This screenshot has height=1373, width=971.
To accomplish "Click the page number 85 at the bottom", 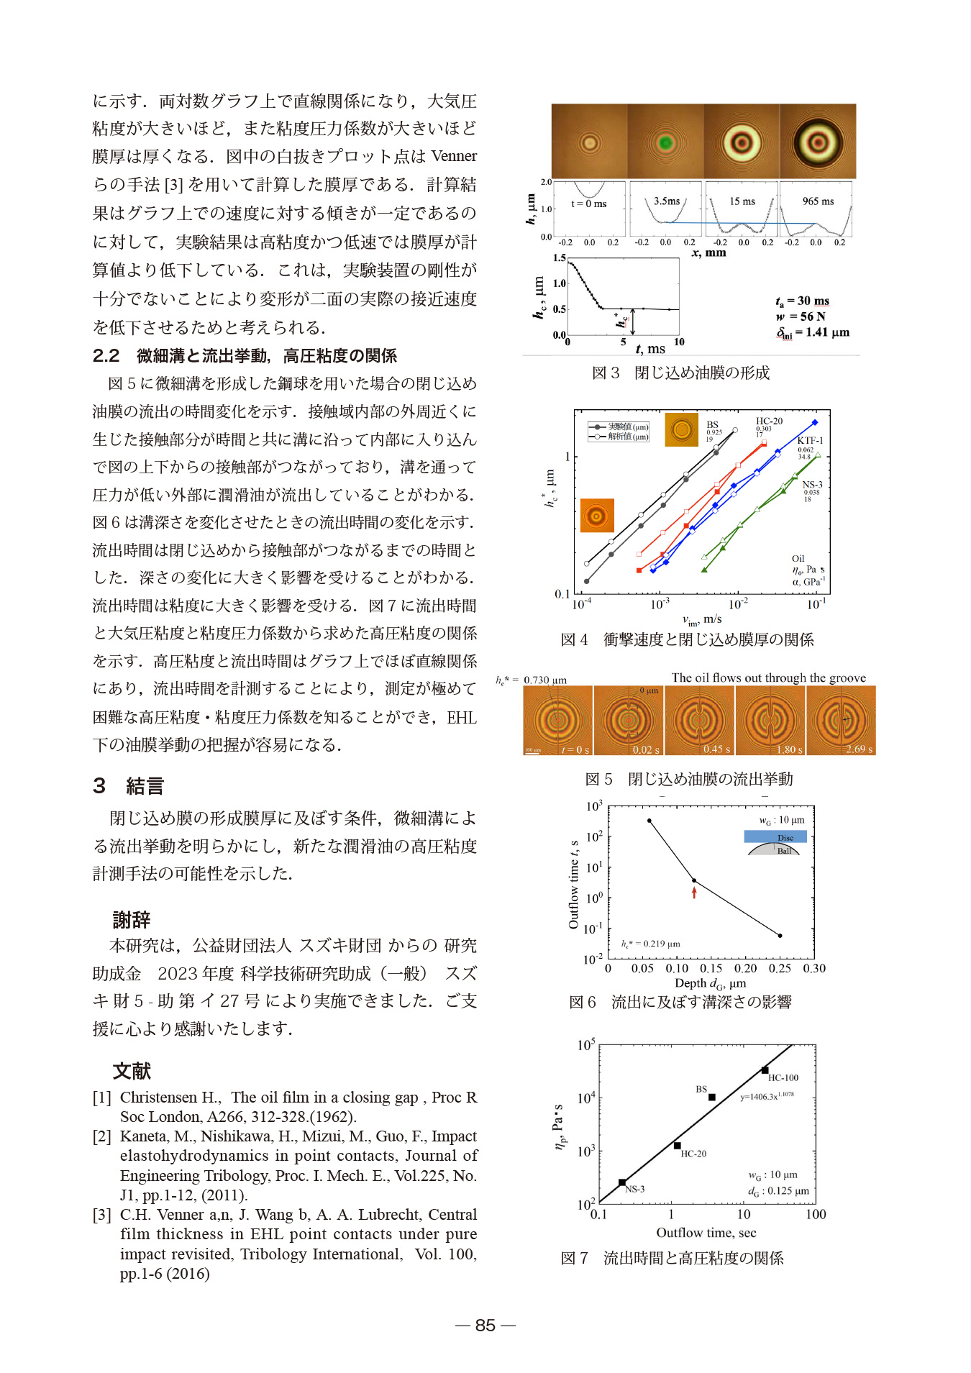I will (x=485, y=1325).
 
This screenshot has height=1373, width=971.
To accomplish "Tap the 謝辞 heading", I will (x=132, y=919).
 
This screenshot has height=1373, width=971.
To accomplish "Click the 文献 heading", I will (x=132, y=1071).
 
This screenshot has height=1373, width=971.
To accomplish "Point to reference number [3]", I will (x=101, y=1215).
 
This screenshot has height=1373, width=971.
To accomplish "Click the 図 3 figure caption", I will (x=680, y=373).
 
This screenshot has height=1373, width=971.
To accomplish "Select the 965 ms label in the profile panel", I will (x=818, y=201).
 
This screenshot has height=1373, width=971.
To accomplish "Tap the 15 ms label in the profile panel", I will (x=742, y=201).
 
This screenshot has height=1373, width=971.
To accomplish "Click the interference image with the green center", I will (x=665, y=142).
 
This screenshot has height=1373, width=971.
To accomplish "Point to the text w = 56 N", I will (x=801, y=316).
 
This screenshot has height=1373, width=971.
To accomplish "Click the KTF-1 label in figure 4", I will (x=810, y=440).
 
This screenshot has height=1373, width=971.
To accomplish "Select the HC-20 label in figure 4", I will (x=769, y=421).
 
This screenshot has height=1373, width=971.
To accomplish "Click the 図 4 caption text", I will (x=687, y=639).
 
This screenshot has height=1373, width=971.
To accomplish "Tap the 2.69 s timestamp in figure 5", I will (x=859, y=749).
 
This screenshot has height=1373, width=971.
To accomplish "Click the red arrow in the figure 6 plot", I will (x=694, y=893).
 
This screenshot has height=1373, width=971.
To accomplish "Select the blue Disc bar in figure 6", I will (x=775, y=836).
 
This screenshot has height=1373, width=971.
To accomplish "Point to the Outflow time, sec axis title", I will (x=706, y=1233).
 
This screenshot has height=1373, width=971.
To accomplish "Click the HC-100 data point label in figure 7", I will (x=783, y=1077).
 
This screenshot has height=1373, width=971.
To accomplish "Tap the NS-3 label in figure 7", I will (x=634, y=1189).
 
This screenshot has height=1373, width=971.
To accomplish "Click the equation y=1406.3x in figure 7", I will (x=767, y=1096).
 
